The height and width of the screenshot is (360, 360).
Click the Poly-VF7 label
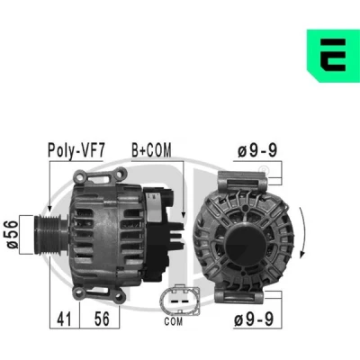76,150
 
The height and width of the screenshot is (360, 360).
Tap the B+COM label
152,150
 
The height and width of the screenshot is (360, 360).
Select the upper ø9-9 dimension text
257,150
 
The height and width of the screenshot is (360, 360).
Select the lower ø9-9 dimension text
254,319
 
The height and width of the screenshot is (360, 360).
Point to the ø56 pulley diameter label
12,234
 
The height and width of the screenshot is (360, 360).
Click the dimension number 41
65,319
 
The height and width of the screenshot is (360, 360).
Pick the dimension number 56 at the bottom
102,319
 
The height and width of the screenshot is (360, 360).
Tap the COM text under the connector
174,321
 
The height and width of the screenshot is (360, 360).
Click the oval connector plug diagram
180,301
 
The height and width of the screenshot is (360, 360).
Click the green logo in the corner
333,56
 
